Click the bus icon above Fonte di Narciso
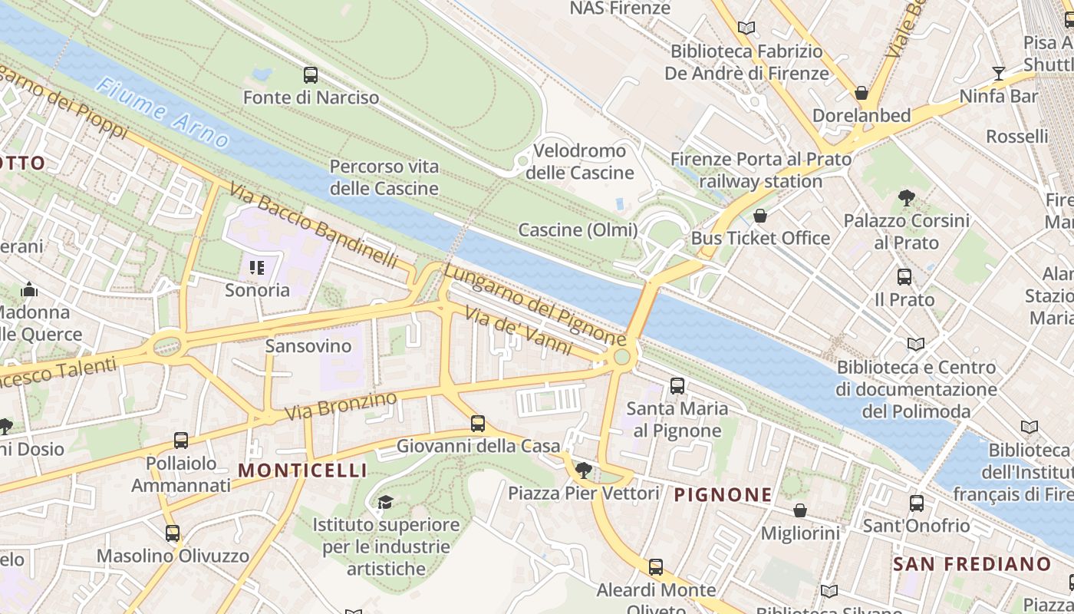coord(311,75)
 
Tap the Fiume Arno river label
coord(163,112)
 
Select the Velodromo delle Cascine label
coord(579,161)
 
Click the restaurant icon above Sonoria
coord(257,268)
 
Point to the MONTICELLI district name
coord(302,470)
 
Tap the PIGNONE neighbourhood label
coord(723,495)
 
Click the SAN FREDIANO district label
coord(972,564)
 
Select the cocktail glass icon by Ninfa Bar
coord(998,74)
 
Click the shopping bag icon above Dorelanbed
coord(862,94)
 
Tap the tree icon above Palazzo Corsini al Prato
coord(906,198)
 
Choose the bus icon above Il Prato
coord(904,277)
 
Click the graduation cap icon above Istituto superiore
coord(385,502)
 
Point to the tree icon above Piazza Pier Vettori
coord(584,470)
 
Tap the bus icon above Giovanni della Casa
coord(478,423)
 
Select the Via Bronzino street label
coord(341,405)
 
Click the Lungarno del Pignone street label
coord(535,305)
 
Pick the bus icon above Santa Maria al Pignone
coord(677,386)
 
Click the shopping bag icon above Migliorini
coord(800,510)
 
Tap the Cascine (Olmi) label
coord(578,229)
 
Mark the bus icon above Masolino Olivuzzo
coord(173,533)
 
